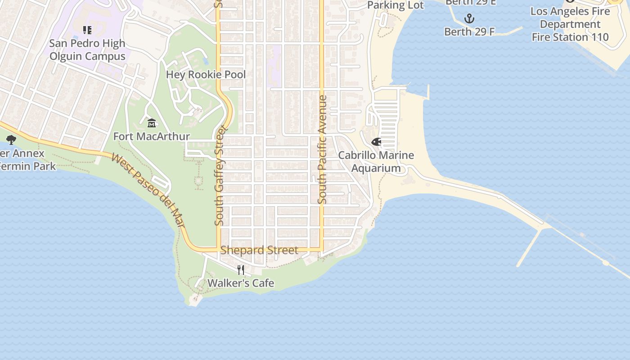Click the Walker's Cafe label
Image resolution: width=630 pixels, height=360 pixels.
[241, 283]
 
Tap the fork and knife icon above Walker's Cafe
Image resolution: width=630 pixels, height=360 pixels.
[241, 270]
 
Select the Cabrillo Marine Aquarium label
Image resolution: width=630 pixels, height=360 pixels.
[376, 162]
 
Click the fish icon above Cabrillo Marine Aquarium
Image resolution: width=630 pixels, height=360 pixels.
[376, 142]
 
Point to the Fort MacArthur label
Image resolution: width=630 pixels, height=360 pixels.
[152, 136]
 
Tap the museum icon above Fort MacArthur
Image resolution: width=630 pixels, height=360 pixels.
[152, 123]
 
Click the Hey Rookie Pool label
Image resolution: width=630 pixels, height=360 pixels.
[206, 74]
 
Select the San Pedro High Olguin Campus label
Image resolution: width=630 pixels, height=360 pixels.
[87, 50]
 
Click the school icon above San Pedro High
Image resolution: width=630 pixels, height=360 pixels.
[87, 30]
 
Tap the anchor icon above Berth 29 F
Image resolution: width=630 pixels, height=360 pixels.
[469, 18]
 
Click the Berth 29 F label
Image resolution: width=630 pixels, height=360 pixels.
[469, 31]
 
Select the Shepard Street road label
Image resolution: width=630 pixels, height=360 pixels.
[259, 250]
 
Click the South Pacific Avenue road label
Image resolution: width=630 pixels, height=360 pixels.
[322, 149]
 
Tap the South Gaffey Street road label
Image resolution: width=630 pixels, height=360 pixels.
[220, 178]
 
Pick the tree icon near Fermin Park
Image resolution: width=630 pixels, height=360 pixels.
[11, 140]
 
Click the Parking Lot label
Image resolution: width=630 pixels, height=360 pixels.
[396, 5]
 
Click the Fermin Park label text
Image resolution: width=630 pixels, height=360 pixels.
[27, 166]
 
